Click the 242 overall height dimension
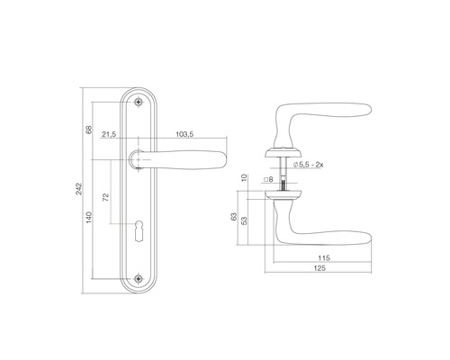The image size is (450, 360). coord(79,189)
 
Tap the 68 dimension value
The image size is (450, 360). coord(89,130)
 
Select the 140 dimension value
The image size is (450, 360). coord(89,217)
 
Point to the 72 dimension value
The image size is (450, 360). coord(105,197)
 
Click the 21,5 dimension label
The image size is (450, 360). coord(109,134)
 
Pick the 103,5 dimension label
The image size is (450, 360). coord(184,134)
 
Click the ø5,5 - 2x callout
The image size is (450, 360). coord(308,165)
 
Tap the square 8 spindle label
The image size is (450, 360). coord(268,179)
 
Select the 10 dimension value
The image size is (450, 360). coord(244,177)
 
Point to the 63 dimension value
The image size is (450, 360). coord(234,217)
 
